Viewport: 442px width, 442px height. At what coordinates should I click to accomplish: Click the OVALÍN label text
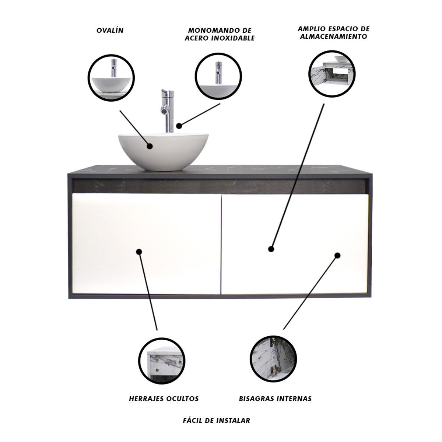pyautogui.click(x=110, y=30)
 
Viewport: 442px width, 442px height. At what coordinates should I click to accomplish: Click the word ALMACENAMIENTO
pyautogui.click(x=334, y=36)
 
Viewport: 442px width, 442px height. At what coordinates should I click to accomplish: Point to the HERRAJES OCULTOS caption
pyautogui.click(x=164, y=399)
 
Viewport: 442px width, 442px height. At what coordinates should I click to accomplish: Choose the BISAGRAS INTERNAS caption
pyautogui.click(x=275, y=399)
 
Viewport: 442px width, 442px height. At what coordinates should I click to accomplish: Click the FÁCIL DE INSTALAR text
pyautogui.click(x=217, y=420)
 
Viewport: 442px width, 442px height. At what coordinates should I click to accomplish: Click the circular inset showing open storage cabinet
pyautogui.click(x=331, y=73)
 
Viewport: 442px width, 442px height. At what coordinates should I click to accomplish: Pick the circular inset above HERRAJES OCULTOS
pyautogui.click(x=161, y=361)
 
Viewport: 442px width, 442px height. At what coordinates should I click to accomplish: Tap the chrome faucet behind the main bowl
pyautogui.click(x=166, y=110)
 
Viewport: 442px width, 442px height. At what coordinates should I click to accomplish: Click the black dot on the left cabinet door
pyautogui.click(x=139, y=252)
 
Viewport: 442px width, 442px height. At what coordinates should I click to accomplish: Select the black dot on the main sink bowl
pyautogui.click(x=150, y=146)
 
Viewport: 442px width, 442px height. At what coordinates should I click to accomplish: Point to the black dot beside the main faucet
pyautogui.click(x=179, y=126)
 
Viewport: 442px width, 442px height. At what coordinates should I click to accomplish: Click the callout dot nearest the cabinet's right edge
pyautogui.click(x=337, y=255)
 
